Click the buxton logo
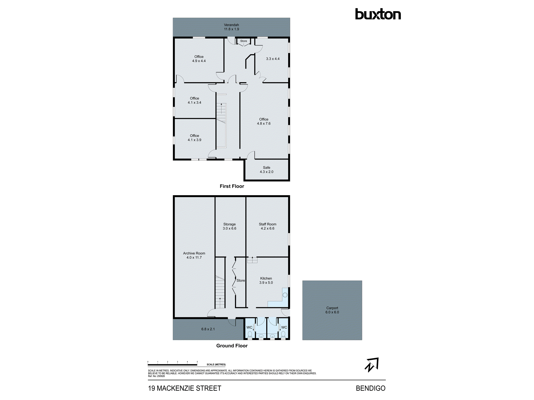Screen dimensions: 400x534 point(378,14)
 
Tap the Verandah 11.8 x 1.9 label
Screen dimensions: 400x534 point(231,27)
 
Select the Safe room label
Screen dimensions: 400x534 point(266,170)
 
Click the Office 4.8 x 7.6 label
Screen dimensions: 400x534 point(264,121)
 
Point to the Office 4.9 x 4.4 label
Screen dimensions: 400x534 point(199,59)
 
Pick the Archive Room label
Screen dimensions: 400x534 point(194,255)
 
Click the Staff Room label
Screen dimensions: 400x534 point(268,226)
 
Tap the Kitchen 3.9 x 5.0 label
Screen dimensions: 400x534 point(266,280)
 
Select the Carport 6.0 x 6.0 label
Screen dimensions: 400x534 point(332,310)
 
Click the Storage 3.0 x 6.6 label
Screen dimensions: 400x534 point(230,226)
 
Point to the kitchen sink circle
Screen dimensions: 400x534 point(285,295)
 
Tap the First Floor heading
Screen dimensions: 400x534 point(232,186)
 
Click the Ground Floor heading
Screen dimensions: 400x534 point(232,346)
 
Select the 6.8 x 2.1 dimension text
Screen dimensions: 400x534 point(208,329)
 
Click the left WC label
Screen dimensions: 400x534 point(249,327)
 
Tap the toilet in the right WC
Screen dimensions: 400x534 point(283,334)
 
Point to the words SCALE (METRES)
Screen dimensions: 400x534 point(216,365)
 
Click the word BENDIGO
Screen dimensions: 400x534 point(371,388)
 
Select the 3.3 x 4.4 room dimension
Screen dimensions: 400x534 point(273,59)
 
